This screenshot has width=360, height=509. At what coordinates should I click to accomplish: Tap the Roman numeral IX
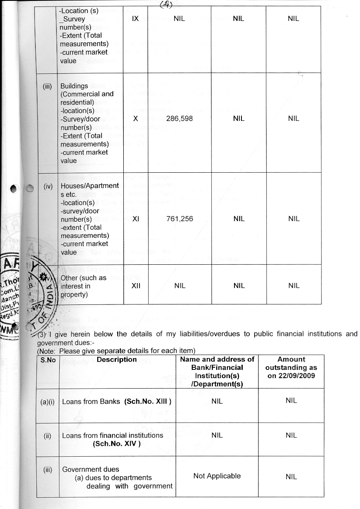point(135,19)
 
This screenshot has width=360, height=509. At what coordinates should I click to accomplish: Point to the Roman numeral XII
point(135,286)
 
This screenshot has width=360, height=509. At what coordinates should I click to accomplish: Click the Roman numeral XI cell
point(135,219)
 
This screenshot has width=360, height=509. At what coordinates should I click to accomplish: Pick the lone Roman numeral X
point(135,119)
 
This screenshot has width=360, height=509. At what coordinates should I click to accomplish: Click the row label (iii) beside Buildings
point(47,86)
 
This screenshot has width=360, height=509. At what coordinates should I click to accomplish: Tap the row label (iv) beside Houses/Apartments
point(47,186)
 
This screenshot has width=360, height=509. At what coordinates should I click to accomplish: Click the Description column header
point(117,360)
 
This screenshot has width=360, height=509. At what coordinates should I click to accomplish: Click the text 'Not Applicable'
point(217,476)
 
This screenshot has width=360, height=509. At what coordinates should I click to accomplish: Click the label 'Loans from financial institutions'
point(112,435)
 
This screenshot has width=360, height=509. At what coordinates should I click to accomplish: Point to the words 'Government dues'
point(91,469)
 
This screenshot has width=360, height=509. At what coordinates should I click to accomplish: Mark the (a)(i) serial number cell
point(47,402)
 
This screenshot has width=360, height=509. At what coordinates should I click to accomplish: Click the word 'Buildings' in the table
point(74,86)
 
